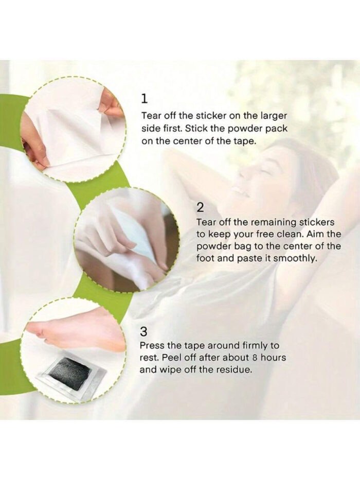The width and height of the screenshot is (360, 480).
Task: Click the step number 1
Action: [145, 99]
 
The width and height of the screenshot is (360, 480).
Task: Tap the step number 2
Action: [200, 207]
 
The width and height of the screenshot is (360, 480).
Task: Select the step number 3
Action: [143, 331]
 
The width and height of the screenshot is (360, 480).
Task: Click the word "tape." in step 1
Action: [245, 141]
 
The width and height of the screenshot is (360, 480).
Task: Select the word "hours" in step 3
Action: [274, 358]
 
